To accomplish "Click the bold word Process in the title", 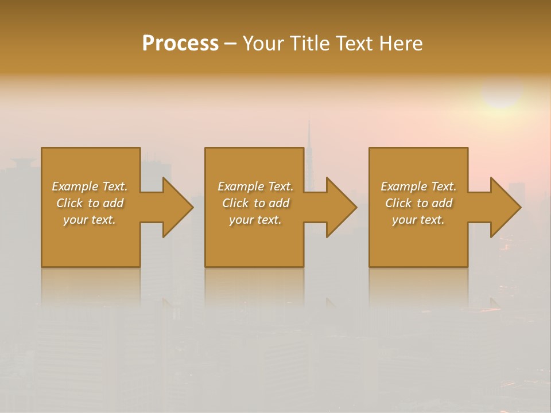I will [180, 44].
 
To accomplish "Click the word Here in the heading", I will [401, 44].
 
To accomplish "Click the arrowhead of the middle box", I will [342, 207].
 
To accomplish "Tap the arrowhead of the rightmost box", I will [506, 207].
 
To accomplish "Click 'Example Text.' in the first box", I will [90, 186].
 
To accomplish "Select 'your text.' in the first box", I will [90, 220].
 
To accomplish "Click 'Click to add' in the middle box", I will [255, 203].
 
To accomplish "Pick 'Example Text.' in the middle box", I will [255, 186].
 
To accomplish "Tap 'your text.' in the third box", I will [418, 220].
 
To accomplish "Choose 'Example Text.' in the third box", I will [418, 186].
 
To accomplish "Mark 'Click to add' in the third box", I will [418, 203].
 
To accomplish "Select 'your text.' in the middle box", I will [255, 220].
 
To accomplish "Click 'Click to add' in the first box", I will [90, 203].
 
